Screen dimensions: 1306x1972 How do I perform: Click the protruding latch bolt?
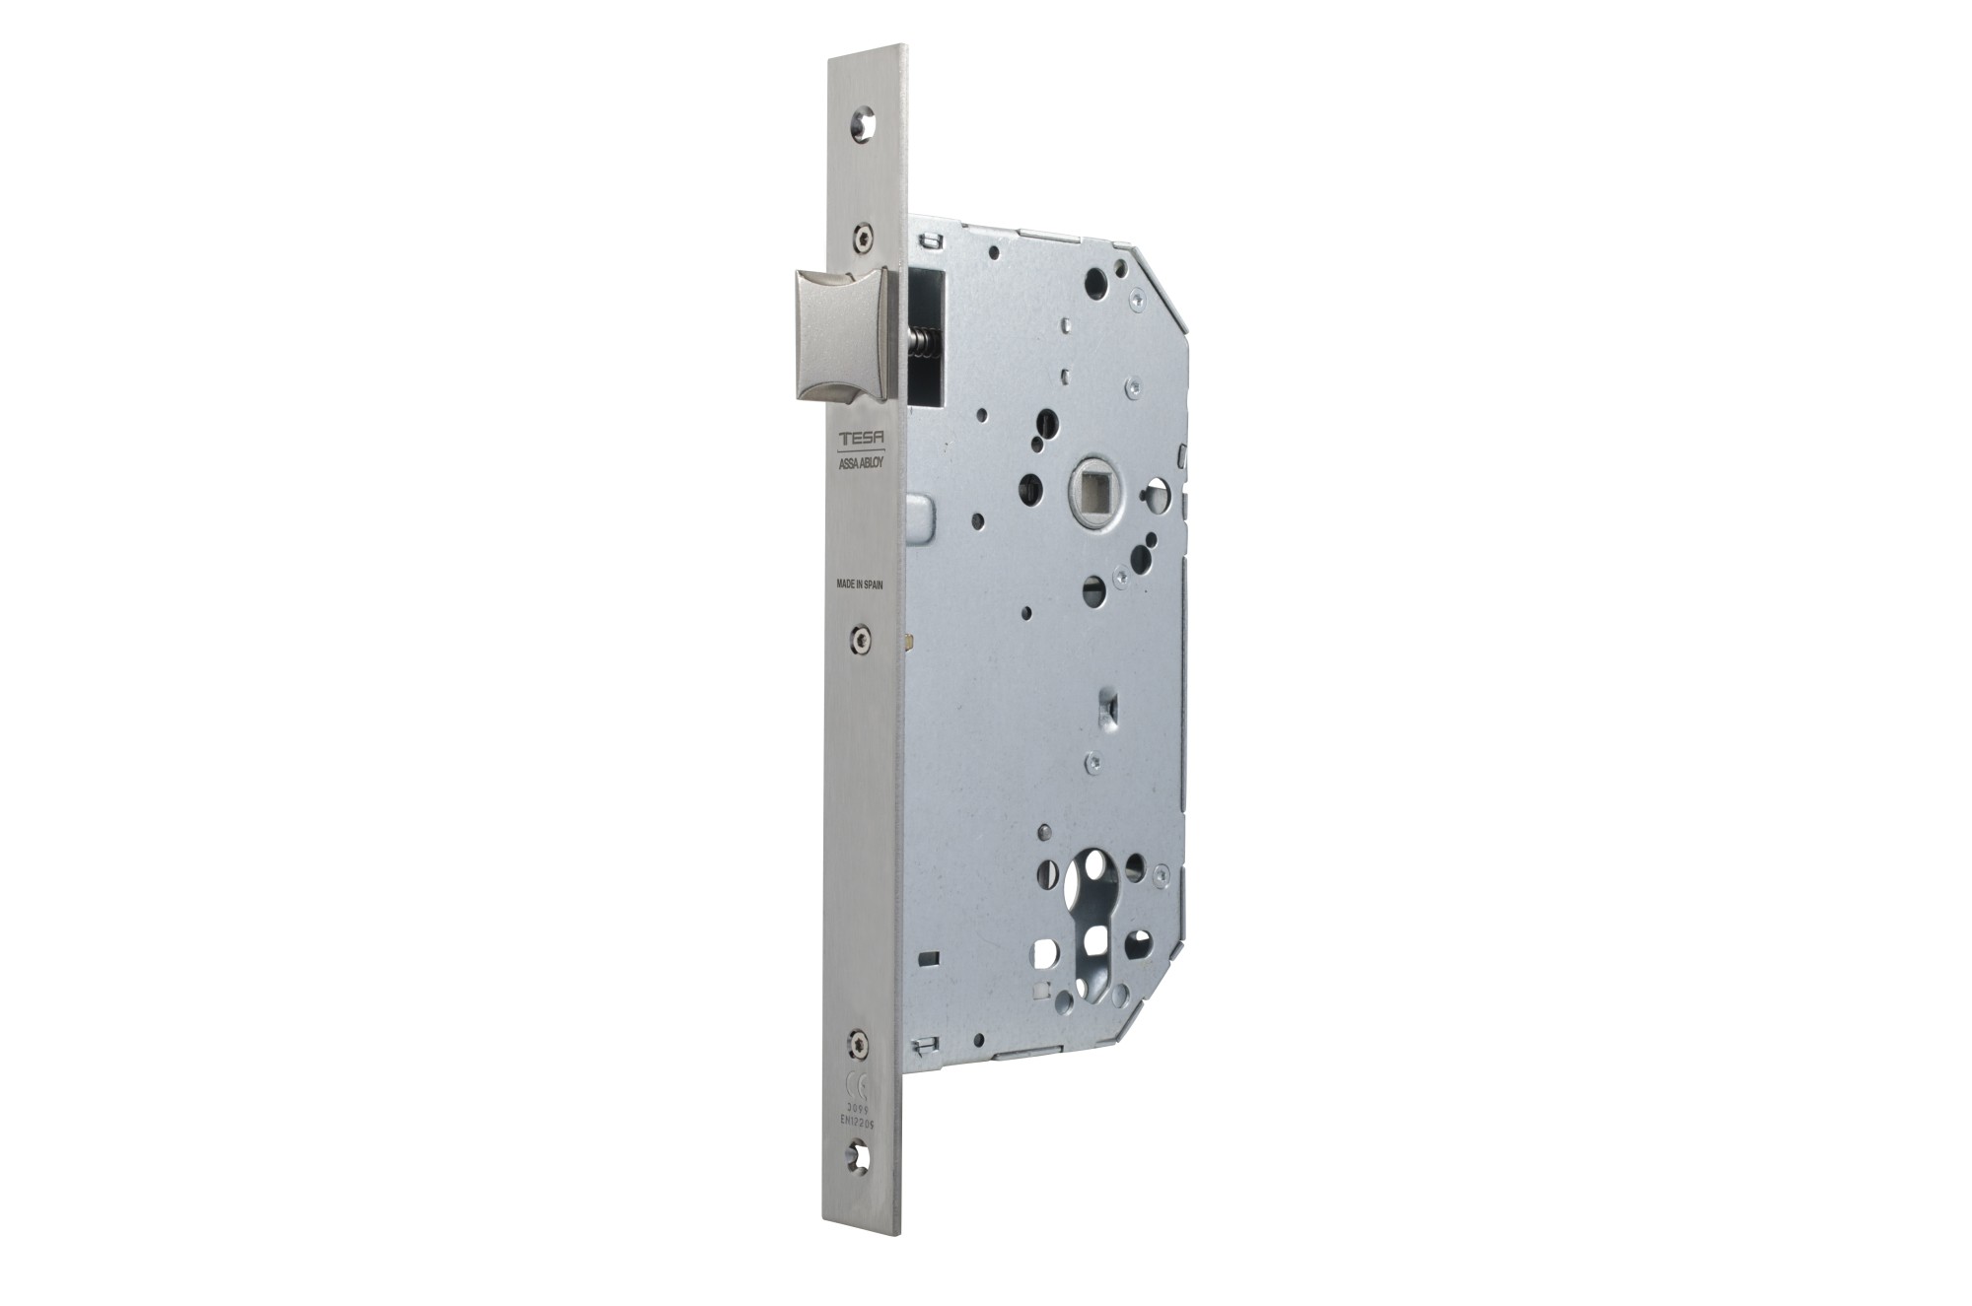(834, 335)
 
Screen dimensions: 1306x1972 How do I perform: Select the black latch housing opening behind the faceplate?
(927, 335)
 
